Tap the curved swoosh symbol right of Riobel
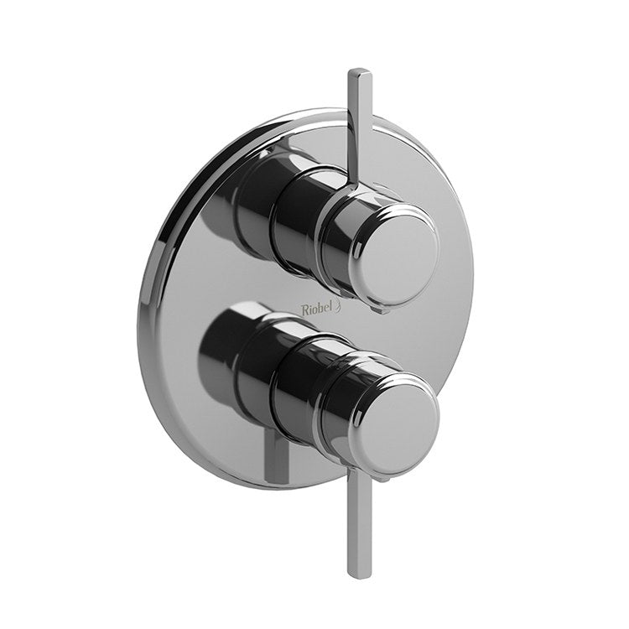340,309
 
